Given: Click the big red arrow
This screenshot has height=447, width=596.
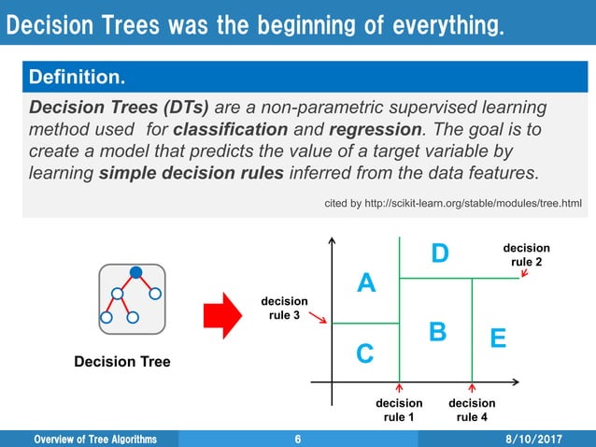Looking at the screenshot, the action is [x=222, y=316].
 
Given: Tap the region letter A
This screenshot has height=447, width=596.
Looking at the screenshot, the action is [x=366, y=282].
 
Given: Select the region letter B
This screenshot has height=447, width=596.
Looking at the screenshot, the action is [x=437, y=331].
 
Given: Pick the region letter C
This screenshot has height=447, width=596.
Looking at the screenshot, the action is [x=365, y=353].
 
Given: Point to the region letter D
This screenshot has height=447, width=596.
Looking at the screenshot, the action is [x=440, y=253].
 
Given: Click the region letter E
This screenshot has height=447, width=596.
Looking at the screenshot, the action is [x=498, y=338].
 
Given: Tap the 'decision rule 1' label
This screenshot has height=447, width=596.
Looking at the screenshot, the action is [x=399, y=410].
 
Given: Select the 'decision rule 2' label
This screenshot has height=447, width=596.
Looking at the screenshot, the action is [x=527, y=255].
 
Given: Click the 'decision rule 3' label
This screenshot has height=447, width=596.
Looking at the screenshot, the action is [x=284, y=309].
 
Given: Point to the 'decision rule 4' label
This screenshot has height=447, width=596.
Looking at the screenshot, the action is [x=472, y=410].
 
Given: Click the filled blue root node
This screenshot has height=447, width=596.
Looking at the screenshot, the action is [x=135, y=272].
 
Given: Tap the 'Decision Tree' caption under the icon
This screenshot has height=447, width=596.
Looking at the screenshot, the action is [x=122, y=361].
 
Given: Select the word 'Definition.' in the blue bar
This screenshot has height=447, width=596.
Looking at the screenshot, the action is [x=77, y=77].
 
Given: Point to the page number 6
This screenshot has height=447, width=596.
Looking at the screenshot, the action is [x=298, y=439].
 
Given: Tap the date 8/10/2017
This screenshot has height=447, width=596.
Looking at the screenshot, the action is [x=533, y=439].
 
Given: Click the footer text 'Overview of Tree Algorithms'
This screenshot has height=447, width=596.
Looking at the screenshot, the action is [x=95, y=439].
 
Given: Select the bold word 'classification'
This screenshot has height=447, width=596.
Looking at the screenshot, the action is [x=231, y=129].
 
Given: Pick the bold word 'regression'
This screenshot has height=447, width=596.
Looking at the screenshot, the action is [x=376, y=130].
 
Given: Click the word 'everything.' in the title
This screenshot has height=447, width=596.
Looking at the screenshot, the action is [x=448, y=25].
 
